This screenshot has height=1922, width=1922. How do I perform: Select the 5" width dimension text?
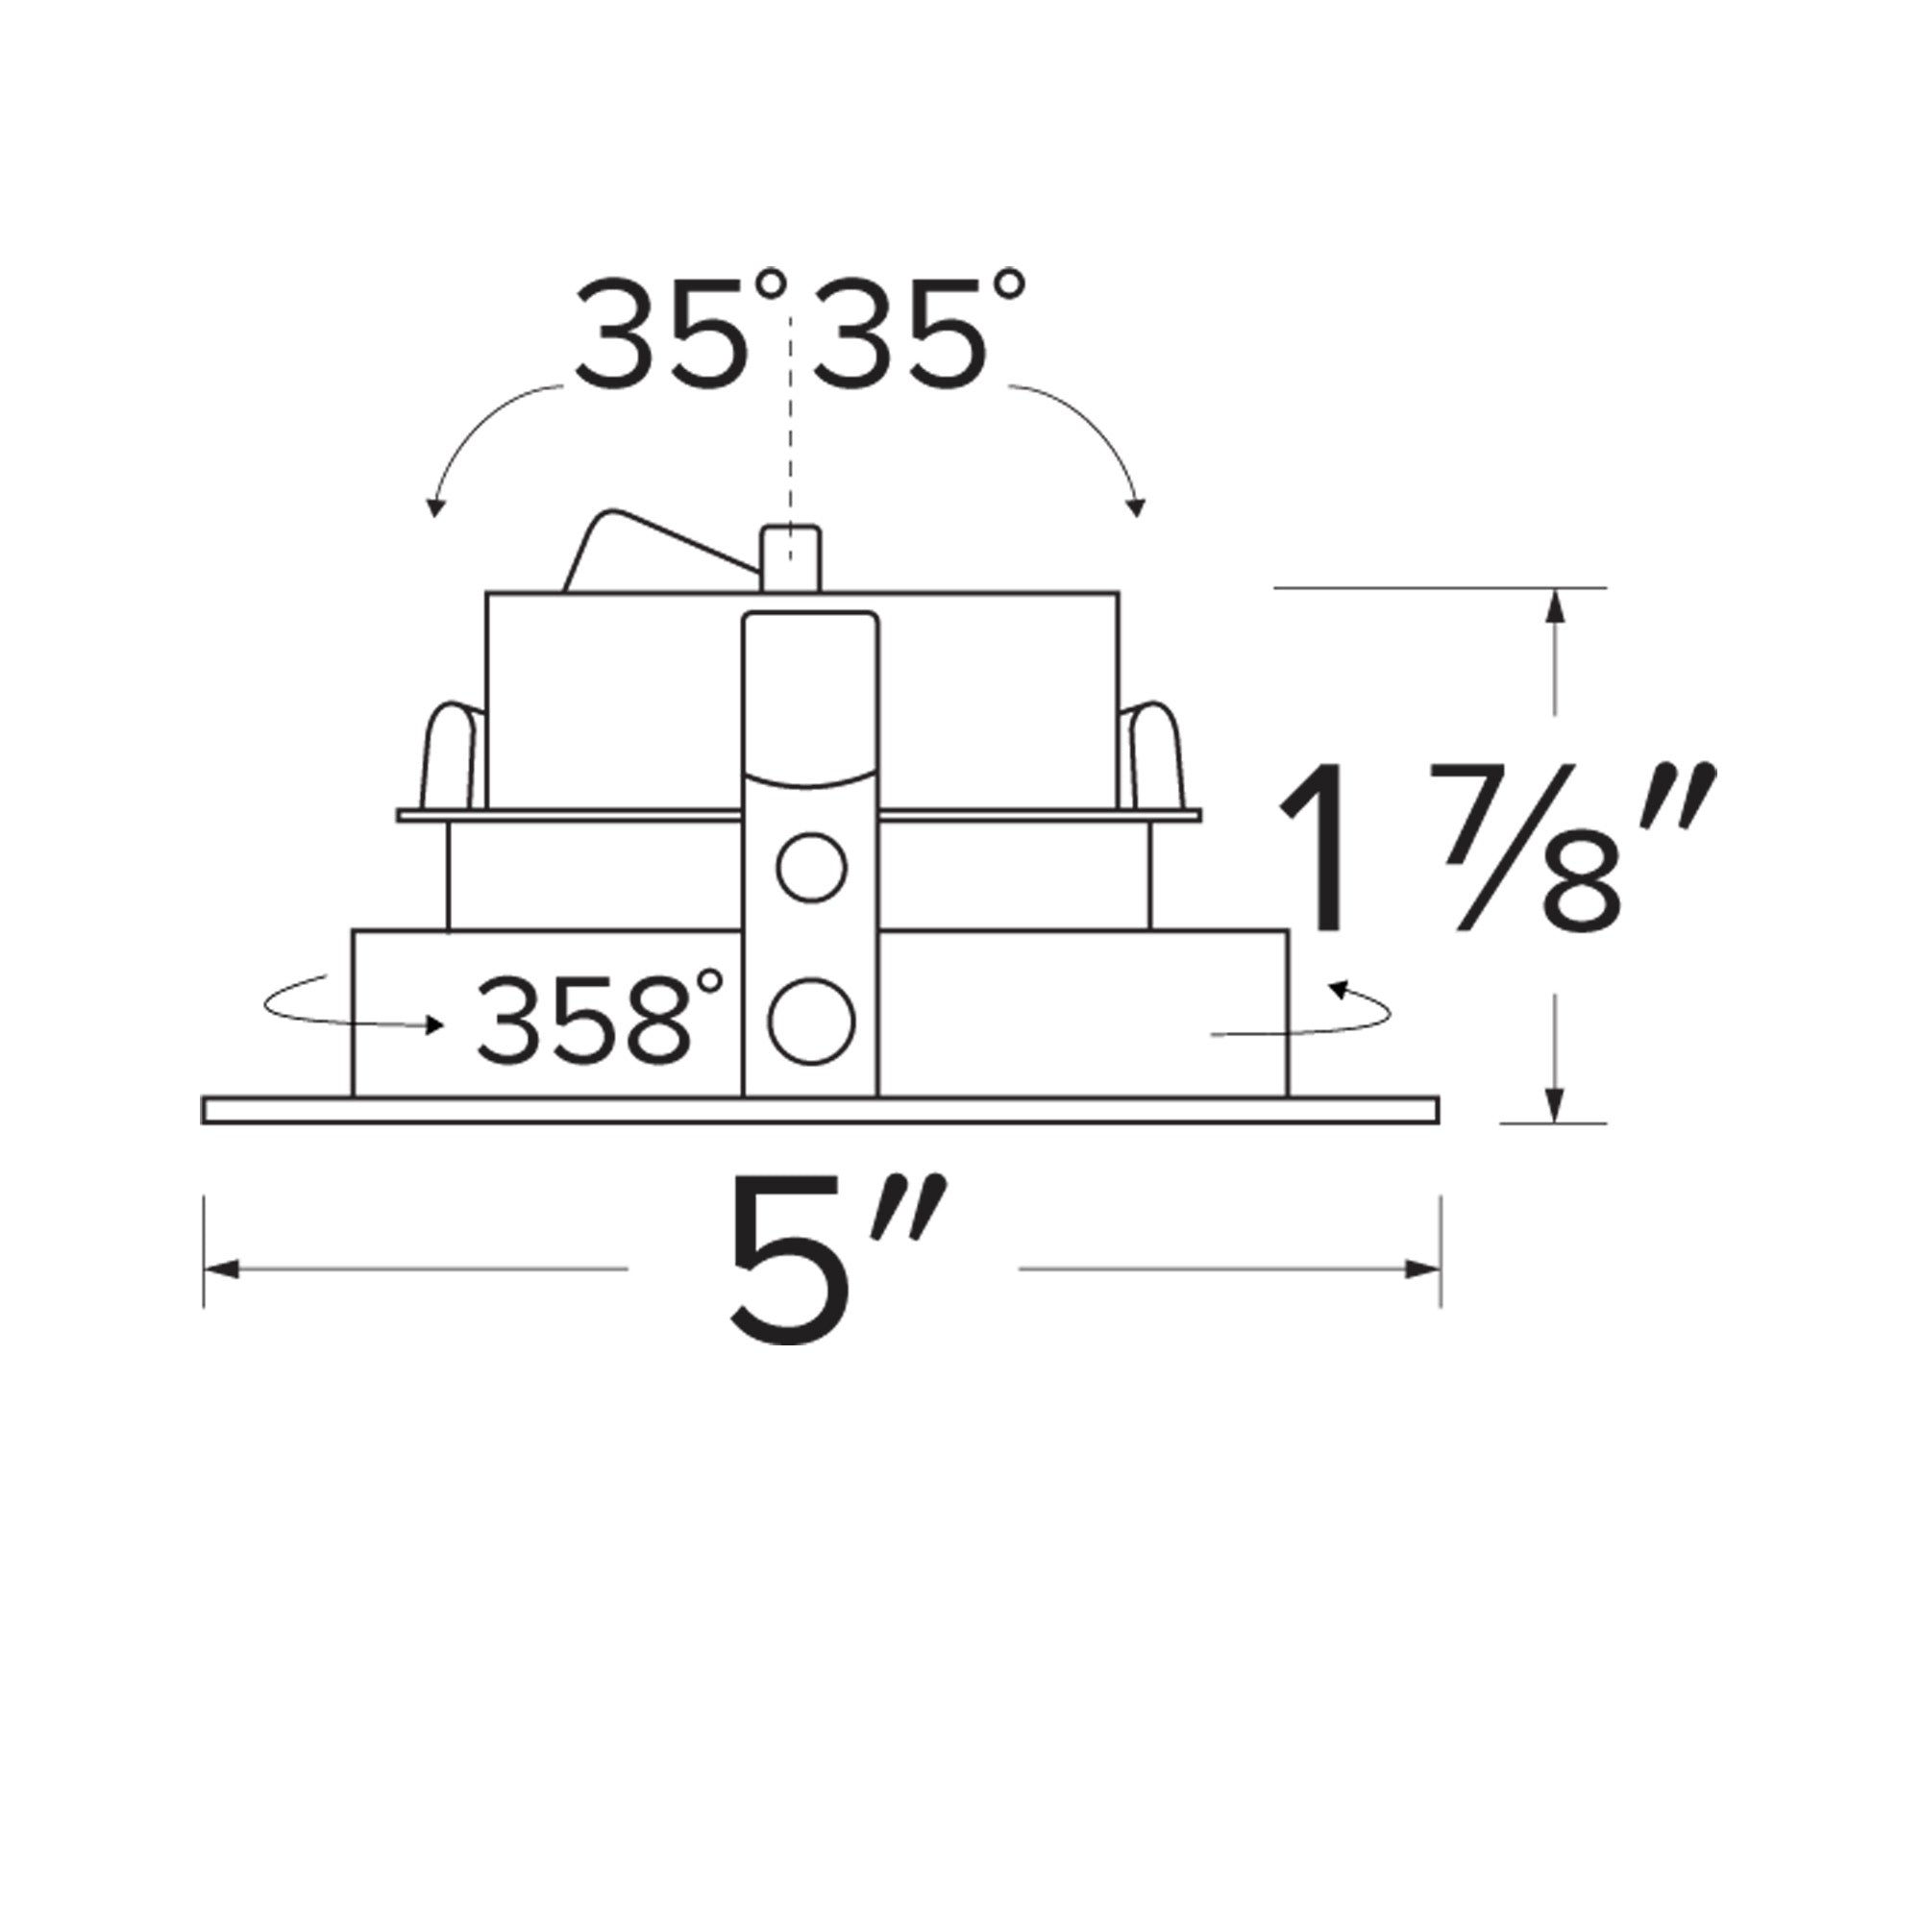point(836,1262)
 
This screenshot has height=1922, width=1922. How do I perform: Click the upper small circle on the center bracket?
point(812,868)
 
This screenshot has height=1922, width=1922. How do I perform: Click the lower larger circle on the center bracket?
point(812,1022)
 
